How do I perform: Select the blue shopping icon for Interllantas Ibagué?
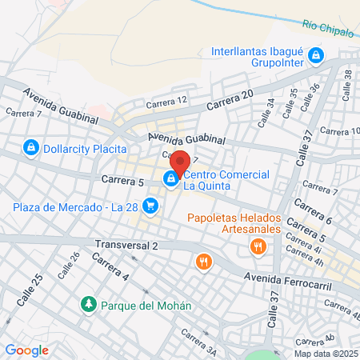tap(317, 55)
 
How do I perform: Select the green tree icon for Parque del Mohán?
tap(87, 304)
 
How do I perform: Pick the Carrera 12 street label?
tap(166, 101)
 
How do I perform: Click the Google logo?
tap(26, 350)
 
